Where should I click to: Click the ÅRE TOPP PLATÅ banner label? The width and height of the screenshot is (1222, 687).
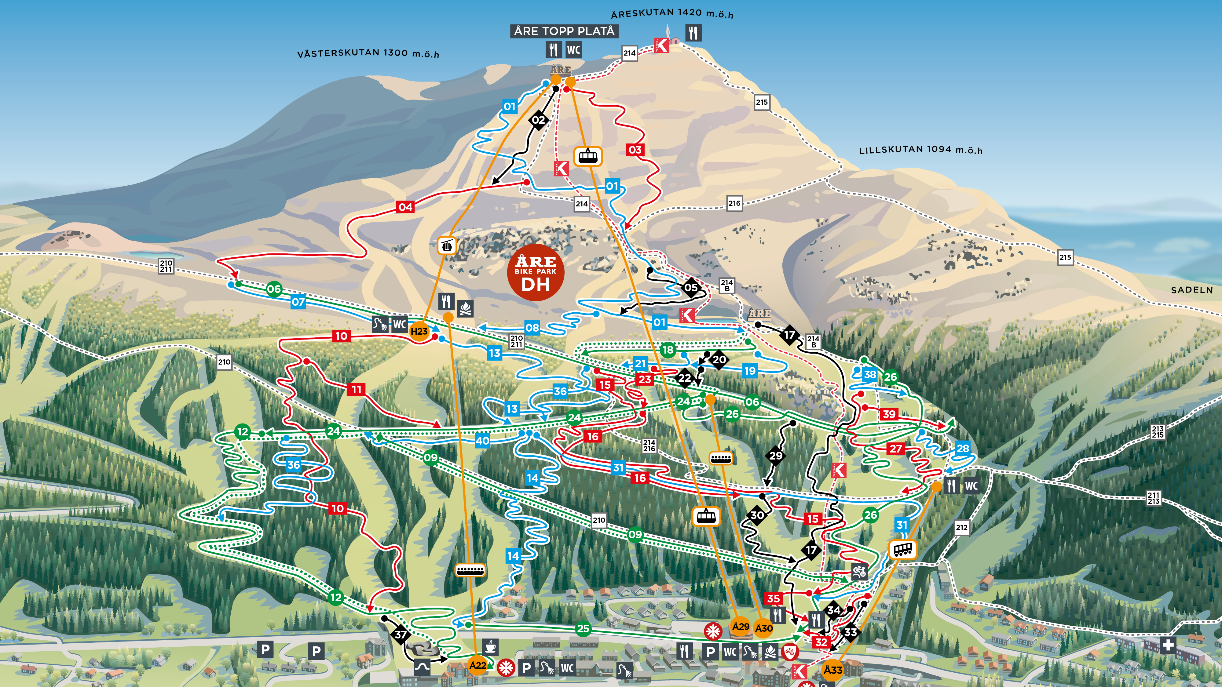tap(564, 31)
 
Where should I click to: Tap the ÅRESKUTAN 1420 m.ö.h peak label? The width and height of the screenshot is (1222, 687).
tap(672, 14)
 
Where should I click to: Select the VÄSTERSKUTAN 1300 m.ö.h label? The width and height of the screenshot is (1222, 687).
tap(368, 53)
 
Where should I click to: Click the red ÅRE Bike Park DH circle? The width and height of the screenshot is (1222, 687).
tap(536, 273)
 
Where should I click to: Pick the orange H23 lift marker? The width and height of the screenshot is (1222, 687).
tap(419, 331)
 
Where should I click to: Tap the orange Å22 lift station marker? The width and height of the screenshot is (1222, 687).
tap(478, 665)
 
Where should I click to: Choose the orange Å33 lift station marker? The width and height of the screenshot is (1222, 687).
tap(832, 670)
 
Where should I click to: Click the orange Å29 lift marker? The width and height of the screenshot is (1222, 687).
tap(741, 626)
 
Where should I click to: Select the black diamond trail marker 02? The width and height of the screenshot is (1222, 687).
tap(538, 120)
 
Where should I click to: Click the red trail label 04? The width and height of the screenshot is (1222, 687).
tap(405, 207)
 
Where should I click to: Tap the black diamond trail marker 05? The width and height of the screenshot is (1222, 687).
tap(691, 287)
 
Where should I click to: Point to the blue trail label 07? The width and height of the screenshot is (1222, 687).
tap(298, 302)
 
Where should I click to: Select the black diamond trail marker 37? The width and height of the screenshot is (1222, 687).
tap(401, 634)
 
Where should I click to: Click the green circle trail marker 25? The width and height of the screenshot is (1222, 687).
tap(583, 629)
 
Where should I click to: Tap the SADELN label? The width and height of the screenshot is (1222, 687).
tap(1191, 290)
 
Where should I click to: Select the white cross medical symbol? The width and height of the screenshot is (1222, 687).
tap(1168, 645)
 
